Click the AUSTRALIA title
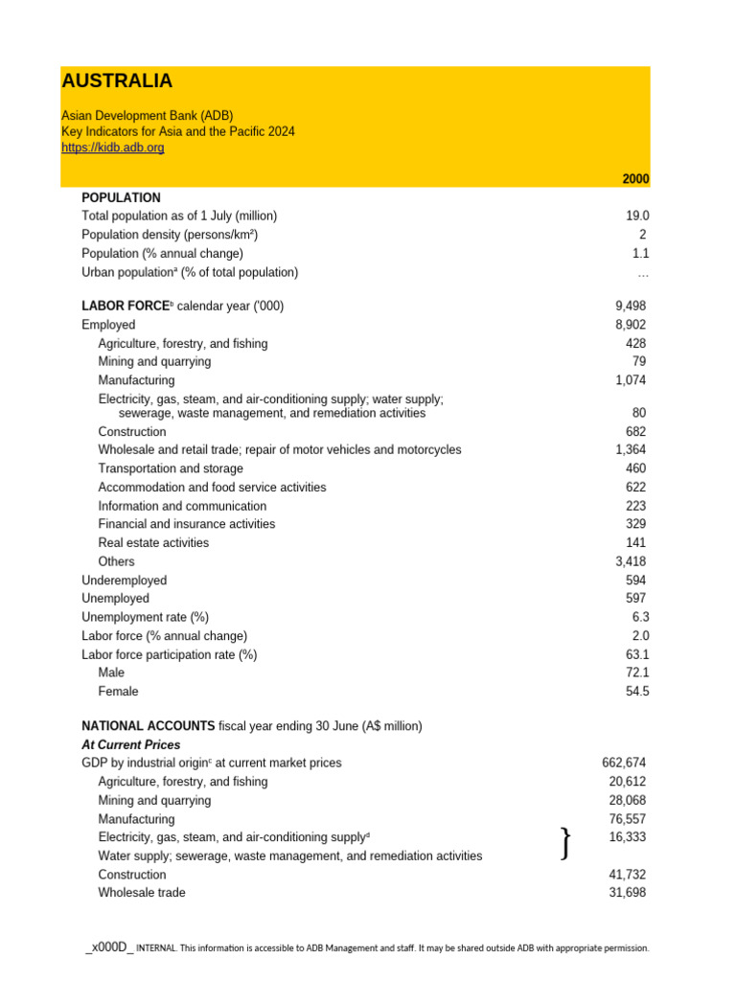pos(117,81)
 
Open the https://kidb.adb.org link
pos(113,148)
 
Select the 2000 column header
pos(635,179)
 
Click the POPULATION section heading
pos(122,197)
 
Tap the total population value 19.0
pos(637,217)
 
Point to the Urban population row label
pos(190,272)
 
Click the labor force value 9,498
pos(631,306)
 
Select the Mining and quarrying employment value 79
pos(638,361)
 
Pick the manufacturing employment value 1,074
pos(631,380)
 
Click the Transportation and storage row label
pos(171,468)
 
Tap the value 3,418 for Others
pos(631,561)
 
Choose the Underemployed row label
pos(125,581)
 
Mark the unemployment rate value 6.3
pos(640,617)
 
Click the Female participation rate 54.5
pos(637,691)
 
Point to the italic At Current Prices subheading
pos(131,744)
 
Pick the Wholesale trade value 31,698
pos(627,893)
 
